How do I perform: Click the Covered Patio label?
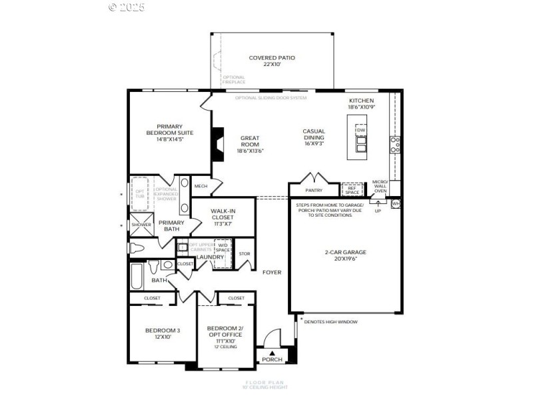(272, 58)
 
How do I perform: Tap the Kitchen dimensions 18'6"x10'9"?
(362, 107)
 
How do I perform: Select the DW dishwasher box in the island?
(360, 130)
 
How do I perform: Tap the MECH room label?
(200, 186)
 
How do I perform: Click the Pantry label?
(314, 190)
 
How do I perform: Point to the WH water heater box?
(396, 203)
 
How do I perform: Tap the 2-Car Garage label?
(345, 253)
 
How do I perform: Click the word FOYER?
(272, 272)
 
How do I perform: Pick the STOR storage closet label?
(245, 253)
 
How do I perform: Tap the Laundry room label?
(210, 257)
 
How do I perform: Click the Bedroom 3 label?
(163, 331)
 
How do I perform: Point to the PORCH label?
(272, 359)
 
